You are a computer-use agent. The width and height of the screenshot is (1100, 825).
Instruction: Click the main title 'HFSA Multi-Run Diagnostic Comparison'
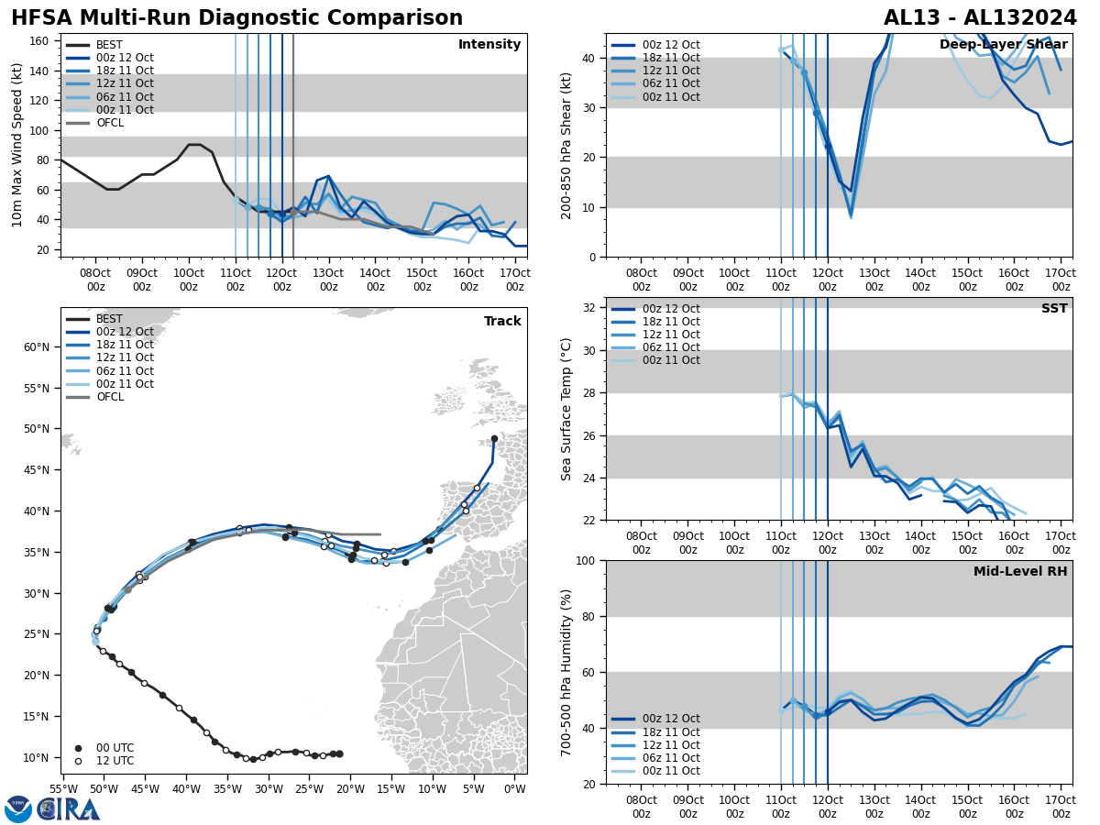tap(236, 18)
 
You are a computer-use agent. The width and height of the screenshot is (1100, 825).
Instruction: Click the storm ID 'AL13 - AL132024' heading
tap(980, 18)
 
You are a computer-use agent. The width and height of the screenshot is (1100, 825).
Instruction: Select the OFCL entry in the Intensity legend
tap(108, 123)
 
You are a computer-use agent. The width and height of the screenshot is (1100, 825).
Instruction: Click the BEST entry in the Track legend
tap(108, 319)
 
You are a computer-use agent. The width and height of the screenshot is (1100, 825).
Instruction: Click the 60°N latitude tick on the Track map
tap(37, 347)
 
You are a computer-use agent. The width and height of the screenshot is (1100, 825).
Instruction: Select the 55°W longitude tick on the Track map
tap(63, 789)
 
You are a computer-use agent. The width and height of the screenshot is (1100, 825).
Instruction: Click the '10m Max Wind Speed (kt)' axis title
tap(17, 145)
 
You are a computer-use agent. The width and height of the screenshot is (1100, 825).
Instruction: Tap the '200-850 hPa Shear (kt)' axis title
tap(566, 145)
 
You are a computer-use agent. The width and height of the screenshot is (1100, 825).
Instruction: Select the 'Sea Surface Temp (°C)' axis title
tap(566, 409)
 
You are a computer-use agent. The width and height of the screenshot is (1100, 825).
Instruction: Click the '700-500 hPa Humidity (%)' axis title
tap(566, 672)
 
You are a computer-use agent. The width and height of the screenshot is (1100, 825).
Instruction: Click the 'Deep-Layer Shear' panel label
tap(1003, 45)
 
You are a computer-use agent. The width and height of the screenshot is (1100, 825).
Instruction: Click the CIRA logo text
tap(69, 809)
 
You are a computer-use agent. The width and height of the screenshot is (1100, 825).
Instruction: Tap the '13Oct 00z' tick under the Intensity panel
tap(328, 280)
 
